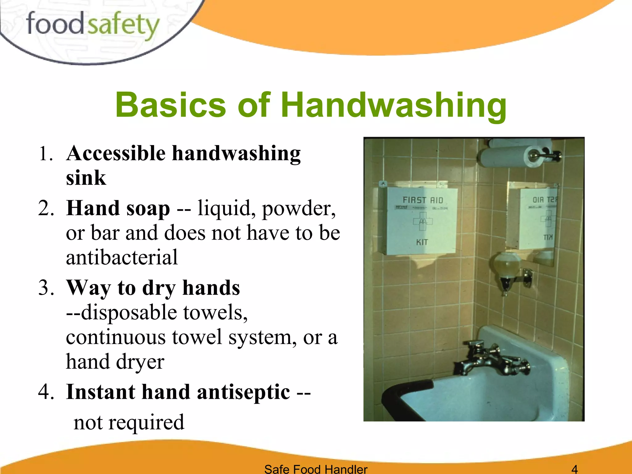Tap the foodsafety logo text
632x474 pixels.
(x=93, y=25)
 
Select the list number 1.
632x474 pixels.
(x=46, y=153)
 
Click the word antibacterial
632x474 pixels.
(x=122, y=257)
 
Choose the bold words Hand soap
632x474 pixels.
(x=118, y=208)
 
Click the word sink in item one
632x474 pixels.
(x=86, y=178)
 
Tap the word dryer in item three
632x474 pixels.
(x=140, y=362)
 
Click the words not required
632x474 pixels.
(x=129, y=422)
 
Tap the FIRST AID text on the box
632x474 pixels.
(x=423, y=200)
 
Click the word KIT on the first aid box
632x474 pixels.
(x=422, y=242)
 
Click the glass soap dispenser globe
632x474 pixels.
(x=506, y=265)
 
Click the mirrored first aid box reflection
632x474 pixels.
(x=538, y=219)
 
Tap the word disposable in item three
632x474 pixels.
(x=129, y=312)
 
